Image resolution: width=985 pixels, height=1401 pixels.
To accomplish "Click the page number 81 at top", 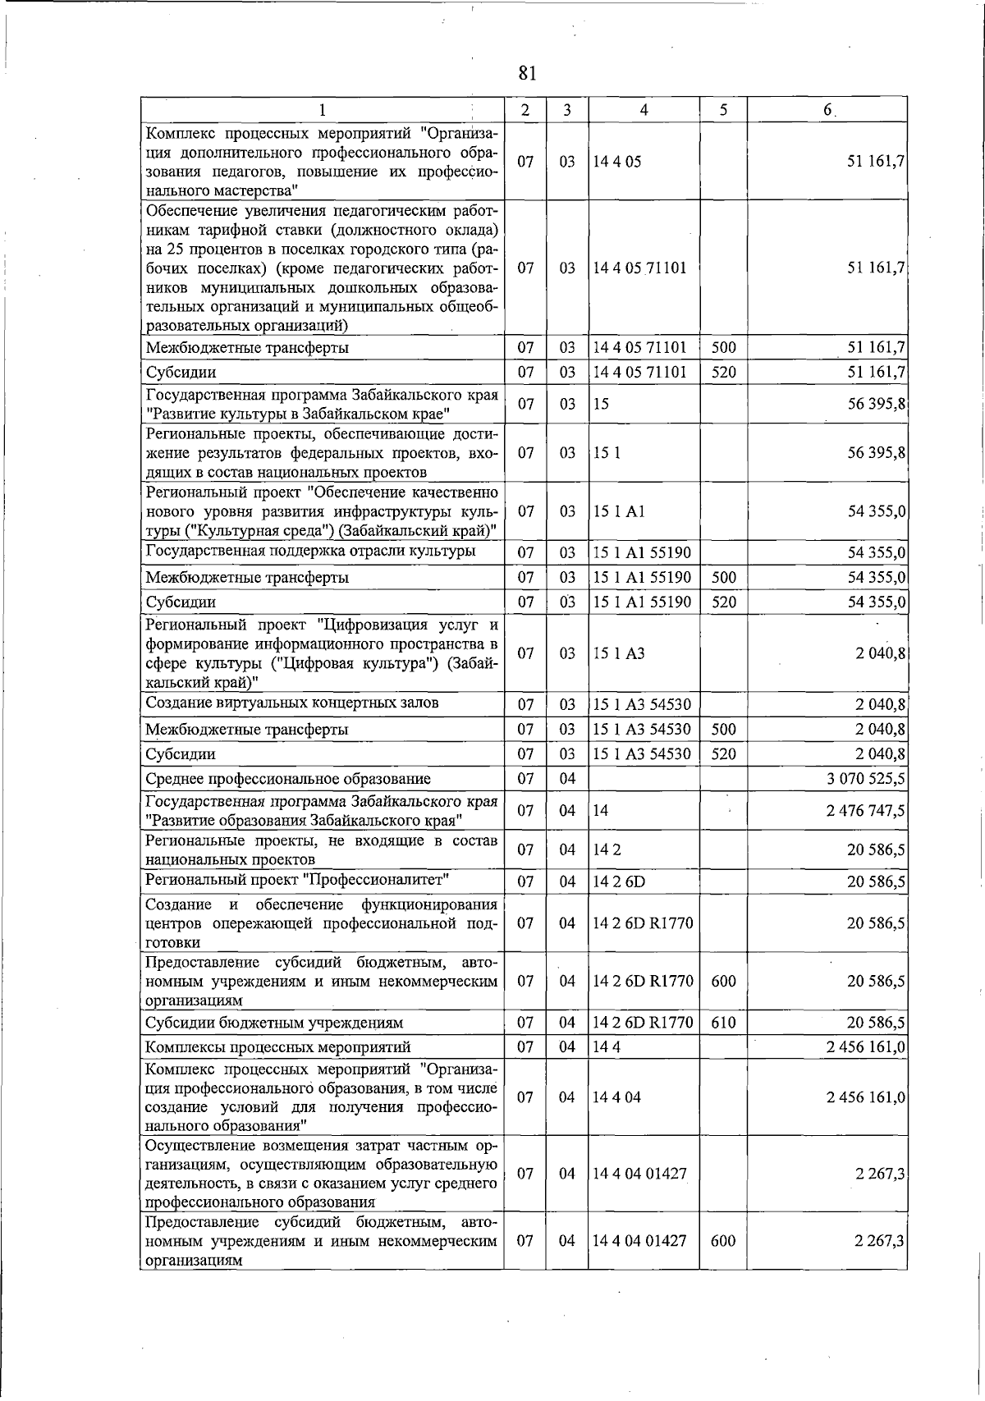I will [x=527, y=73].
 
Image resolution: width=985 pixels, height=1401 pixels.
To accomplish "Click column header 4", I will [x=644, y=109].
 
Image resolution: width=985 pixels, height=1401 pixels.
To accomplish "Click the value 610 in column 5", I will [x=723, y=1023].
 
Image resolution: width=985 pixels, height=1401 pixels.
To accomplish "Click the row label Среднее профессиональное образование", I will [x=288, y=778].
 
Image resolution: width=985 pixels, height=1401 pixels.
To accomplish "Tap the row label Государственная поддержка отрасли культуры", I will [x=310, y=551].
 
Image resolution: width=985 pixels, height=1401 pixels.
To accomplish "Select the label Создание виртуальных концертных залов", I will [x=291, y=703].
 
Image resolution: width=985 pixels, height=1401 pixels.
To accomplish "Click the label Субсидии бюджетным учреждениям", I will [x=274, y=1023].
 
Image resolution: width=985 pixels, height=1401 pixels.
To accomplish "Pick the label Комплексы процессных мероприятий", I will [x=277, y=1046].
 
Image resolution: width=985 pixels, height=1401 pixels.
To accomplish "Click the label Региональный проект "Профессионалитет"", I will [x=297, y=881].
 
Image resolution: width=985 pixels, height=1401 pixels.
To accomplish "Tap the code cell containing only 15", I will [x=601, y=404].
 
